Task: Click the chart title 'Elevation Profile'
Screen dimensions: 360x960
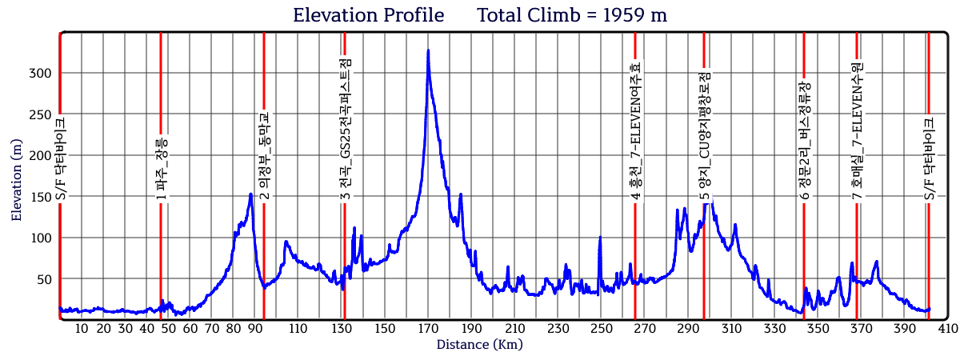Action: coord(368,15)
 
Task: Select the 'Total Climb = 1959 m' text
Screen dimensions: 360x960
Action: coord(572,15)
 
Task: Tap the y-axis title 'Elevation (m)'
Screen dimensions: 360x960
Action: coord(17,180)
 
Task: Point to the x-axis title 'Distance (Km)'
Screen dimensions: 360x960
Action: coord(479,345)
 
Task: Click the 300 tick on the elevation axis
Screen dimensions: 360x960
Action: coord(40,74)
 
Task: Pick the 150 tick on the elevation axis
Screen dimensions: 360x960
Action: coord(40,197)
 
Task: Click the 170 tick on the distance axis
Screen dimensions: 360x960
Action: coord(428,329)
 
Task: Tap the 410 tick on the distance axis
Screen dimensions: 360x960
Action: coord(948,329)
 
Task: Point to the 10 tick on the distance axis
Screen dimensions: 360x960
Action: coord(82,329)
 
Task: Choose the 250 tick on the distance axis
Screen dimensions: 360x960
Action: coord(601,329)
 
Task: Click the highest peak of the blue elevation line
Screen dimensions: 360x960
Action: coord(428,51)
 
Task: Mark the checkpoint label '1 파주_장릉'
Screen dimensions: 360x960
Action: coord(162,169)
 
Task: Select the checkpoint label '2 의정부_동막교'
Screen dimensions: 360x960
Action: coord(264,154)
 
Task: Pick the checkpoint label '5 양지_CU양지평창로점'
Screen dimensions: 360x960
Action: coord(705,136)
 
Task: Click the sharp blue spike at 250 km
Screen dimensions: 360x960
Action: coord(600,238)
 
